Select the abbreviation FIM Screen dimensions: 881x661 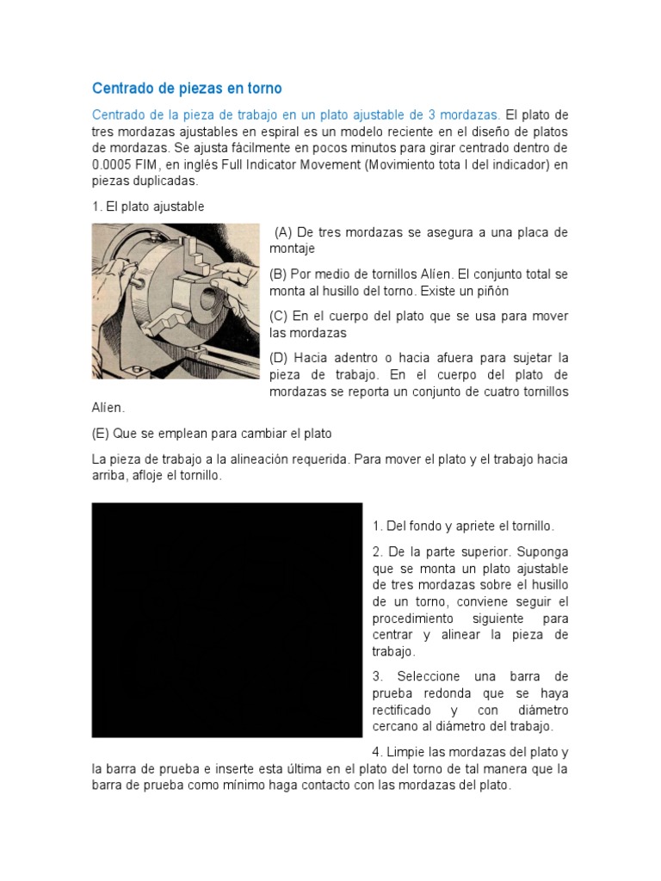tap(154, 164)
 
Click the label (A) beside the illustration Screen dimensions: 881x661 tap(284, 232)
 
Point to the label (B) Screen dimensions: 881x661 tap(278, 274)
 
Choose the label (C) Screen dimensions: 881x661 tap(278, 316)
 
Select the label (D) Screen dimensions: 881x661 tap(278, 357)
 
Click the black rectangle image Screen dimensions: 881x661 tap(227, 619)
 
